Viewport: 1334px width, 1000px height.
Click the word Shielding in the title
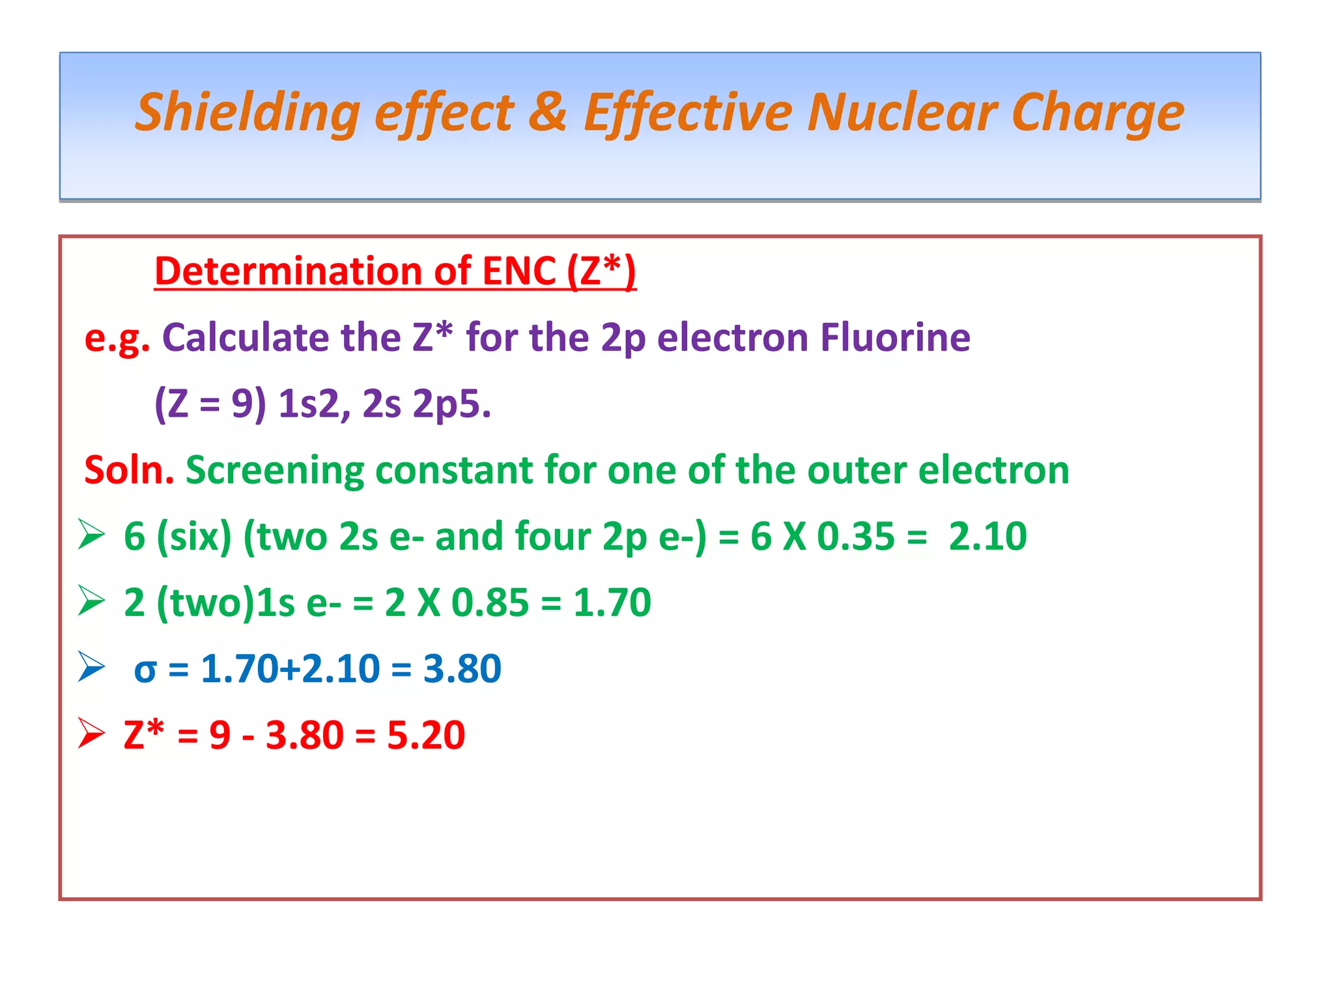248,113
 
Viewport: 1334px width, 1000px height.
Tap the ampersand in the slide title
547,111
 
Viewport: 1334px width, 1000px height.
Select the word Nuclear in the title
901,111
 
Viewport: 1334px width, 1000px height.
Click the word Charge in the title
1098,113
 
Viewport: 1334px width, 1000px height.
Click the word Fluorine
895,337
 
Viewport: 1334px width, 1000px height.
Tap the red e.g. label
117,339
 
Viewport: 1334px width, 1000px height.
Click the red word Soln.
129,469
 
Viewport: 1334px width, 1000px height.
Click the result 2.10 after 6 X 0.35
987,536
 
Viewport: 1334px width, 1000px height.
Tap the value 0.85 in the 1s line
490,602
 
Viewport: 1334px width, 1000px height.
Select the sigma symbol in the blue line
145,670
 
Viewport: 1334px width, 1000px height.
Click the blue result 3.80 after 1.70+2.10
462,669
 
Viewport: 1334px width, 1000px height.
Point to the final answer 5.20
426,735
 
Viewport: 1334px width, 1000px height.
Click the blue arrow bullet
91,667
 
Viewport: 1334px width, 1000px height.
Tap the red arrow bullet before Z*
91,733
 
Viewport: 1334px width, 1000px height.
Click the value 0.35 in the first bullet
855,536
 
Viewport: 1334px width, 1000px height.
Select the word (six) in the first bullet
194,536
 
